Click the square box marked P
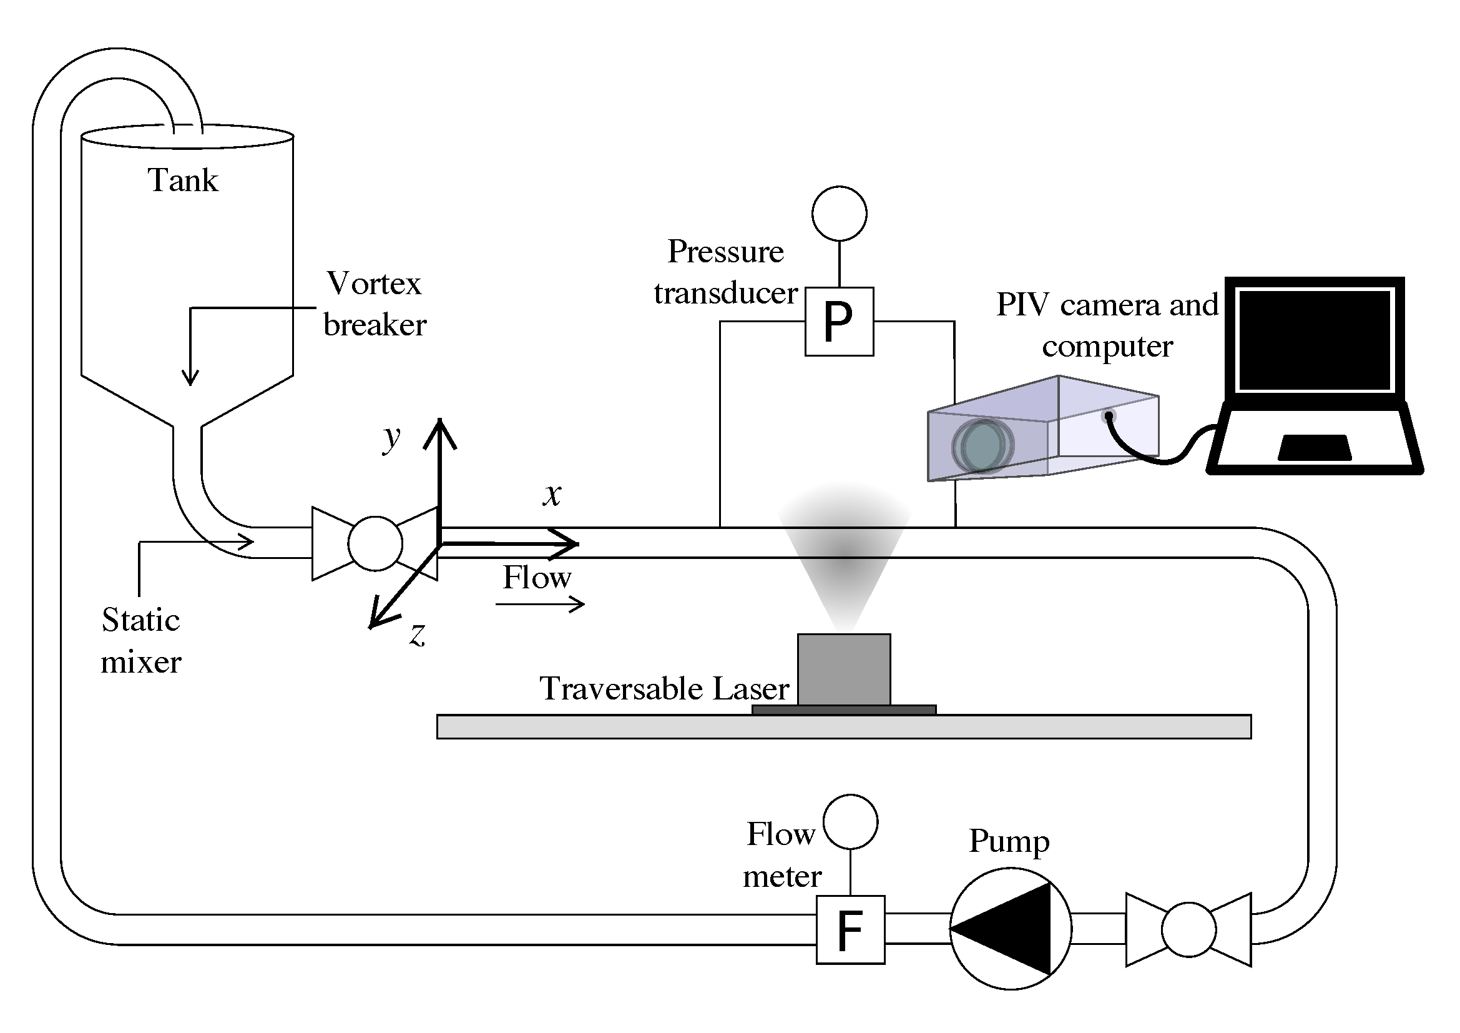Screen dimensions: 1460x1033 840,321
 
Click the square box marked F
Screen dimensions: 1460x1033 850,930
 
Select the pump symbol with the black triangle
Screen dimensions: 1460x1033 1011,929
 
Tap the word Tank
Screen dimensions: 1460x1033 183,180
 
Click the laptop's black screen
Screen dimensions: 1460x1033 1315,340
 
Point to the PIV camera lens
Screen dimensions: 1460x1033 982,446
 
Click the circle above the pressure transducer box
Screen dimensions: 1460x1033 840,214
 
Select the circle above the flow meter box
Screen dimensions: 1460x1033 851,821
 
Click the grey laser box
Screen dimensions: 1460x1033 844,670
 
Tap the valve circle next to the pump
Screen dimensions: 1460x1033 1188,929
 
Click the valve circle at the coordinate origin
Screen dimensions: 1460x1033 375,543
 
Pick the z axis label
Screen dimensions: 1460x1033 418,634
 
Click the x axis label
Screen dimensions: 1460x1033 552,494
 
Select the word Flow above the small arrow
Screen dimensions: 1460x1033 537,578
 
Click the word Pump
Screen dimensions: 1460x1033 1009,842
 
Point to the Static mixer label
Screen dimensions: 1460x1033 141,641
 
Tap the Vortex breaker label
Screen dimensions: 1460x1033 375,304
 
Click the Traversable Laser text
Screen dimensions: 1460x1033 665,688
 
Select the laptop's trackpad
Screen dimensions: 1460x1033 1315,447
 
